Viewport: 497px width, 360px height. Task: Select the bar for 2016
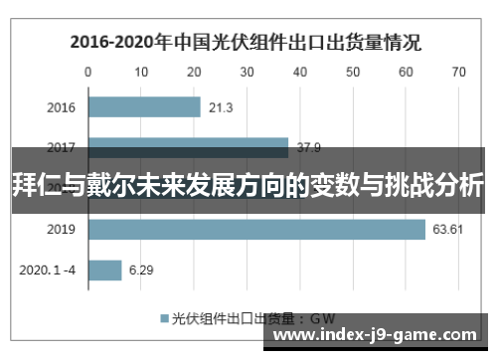[x=144, y=107]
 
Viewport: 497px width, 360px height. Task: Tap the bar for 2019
[x=256, y=230]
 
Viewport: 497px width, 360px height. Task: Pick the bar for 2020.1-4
[x=105, y=270]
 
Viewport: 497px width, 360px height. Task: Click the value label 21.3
[x=222, y=107]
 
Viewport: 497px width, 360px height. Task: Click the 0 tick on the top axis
[x=88, y=72]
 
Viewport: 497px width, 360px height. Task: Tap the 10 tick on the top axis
[x=141, y=72]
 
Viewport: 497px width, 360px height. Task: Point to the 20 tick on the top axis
[x=194, y=72]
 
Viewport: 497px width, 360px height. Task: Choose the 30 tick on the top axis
[x=247, y=72]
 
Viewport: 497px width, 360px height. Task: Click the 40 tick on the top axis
[x=299, y=72]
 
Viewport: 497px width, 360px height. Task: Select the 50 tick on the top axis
[x=352, y=72]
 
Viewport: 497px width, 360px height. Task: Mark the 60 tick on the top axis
[x=405, y=72]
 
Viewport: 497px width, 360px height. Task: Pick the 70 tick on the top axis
[x=457, y=72]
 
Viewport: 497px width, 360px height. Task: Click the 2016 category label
[x=62, y=107]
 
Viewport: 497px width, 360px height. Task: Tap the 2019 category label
[x=62, y=230]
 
